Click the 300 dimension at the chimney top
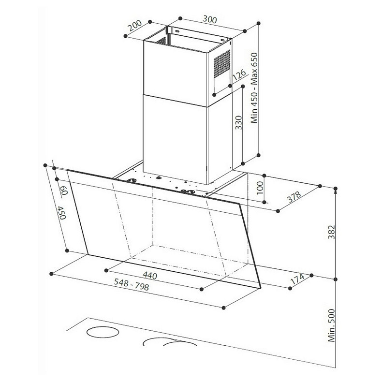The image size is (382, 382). tap(210, 19)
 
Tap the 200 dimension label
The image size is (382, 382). tap(135, 26)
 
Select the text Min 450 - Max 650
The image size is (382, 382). tap(254, 88)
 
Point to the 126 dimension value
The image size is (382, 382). tap(239, 75)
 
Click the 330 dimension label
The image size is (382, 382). tap(238, 122)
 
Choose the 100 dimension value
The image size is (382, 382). tap(260, 188)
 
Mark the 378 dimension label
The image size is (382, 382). tap(294, 197)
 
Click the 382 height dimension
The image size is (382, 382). tap(331, 232)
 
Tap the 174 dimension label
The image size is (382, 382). tap(297, 279)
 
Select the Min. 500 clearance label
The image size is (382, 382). tap(331, 325)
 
